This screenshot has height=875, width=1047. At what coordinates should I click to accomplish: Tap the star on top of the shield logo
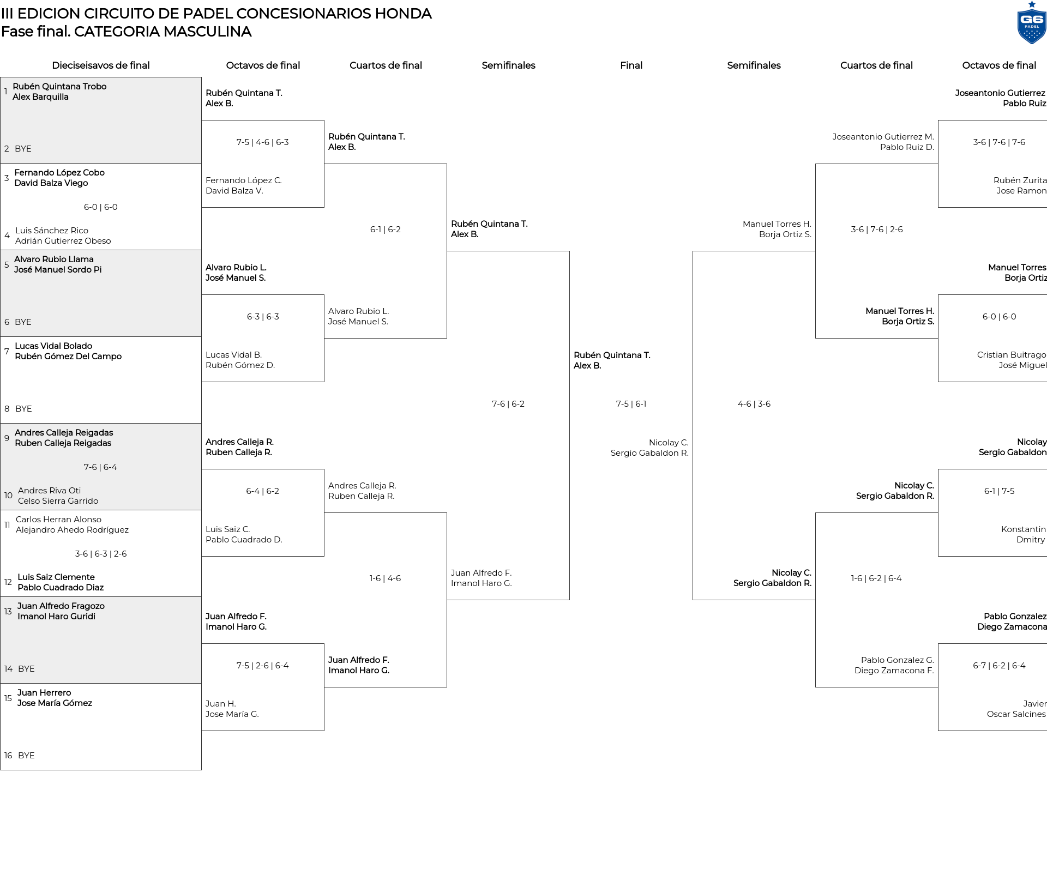(1032, 4)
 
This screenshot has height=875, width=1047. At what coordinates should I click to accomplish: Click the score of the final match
(631, 404)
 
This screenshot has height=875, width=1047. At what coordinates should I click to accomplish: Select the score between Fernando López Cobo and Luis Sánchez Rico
(101, 207)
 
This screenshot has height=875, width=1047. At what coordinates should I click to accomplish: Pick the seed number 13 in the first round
(8, 611)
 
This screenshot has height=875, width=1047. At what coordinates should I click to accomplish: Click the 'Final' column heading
(631, 65)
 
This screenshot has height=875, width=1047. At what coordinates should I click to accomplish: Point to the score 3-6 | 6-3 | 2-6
(101, 554)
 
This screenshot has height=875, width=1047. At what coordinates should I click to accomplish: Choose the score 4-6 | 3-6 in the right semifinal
(754, 404)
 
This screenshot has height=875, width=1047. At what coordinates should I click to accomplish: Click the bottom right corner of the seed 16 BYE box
(201, 770)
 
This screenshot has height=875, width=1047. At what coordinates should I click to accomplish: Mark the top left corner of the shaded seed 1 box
(1, 77)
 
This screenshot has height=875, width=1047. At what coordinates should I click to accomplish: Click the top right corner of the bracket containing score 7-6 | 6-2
(569, 251)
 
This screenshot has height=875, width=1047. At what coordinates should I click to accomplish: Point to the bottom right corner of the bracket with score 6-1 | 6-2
(447, 338)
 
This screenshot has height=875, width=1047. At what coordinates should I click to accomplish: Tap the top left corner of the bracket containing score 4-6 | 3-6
(693, 251)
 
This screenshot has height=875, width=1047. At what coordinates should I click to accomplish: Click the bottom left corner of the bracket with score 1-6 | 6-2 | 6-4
(816, 687)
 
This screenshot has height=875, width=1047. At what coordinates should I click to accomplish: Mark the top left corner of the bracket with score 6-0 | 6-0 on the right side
(938, 295)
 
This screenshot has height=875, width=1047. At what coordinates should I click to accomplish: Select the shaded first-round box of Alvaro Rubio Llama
(101, 293)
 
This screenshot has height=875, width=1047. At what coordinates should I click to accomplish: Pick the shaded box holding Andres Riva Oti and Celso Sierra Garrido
(101, 467)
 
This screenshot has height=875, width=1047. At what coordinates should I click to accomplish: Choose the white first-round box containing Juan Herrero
(101, 727)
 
